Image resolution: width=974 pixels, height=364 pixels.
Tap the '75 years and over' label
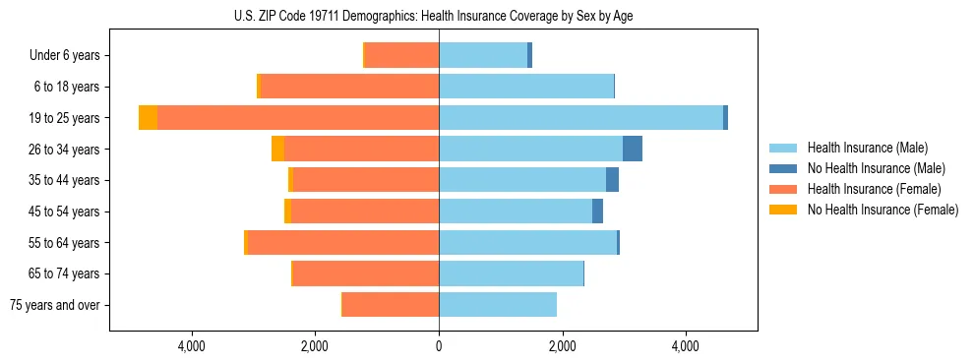pos(54,305)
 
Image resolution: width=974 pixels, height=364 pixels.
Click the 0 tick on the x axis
pos(439,346)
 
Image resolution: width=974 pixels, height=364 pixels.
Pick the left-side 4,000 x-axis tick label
pos(191,346)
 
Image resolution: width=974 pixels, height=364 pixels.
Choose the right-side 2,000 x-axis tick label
pos(562,346)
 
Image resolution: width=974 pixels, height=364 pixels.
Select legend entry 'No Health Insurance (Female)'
pos(883,210)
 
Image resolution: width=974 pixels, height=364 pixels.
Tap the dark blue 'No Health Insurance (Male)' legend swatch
pos(784,168)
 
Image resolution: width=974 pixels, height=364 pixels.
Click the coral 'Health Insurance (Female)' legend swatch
pos(784,189)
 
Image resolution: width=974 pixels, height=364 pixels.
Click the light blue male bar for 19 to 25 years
pos(580,118)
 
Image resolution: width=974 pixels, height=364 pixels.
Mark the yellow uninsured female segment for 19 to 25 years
pos(148,118)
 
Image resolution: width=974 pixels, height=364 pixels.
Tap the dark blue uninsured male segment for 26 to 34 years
pos(633,149)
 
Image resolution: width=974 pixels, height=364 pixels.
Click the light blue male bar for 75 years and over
pos(498,305)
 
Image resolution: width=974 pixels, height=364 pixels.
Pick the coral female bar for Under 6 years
pos(401,55)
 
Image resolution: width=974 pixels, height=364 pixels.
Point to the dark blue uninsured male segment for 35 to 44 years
pos(612,180)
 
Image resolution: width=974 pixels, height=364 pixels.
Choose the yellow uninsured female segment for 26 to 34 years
pos(277,149)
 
